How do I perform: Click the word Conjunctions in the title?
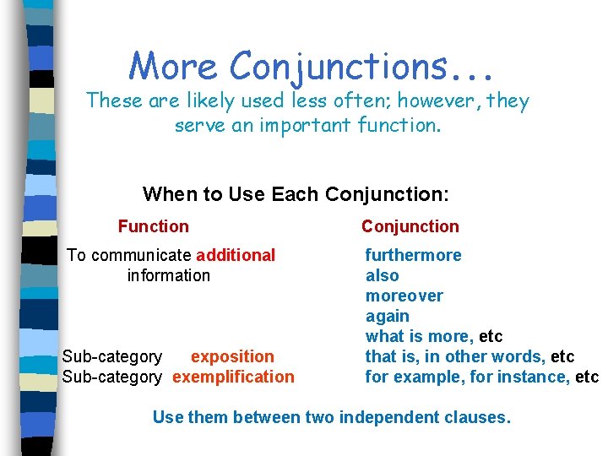(356, 65)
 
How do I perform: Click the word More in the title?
(172, 65)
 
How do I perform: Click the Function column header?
(154, 226)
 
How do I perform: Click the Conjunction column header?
(410, 226)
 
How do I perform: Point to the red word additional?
(236, 255)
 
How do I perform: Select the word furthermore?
(413, 255)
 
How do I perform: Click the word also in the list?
(382, 275)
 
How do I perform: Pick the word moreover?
(404, 296)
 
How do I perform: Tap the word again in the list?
(387, 316)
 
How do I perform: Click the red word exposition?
(232, 356)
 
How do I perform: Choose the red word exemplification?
(233, 377)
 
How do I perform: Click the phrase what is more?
(419, 336)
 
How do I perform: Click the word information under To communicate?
(168, 275)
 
